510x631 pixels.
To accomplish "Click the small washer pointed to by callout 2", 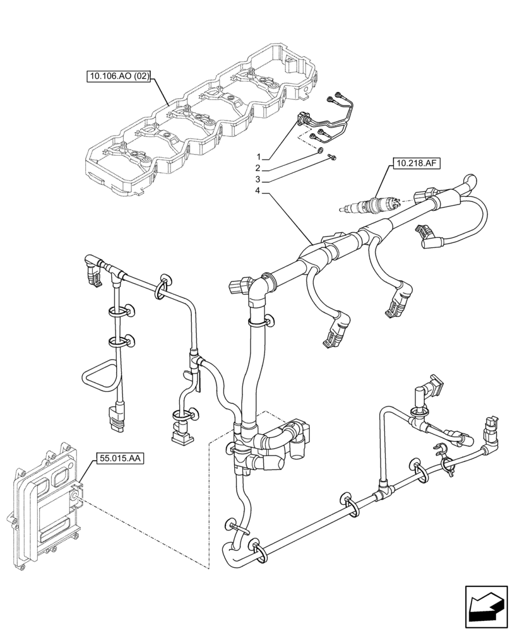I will [x=321, y=151].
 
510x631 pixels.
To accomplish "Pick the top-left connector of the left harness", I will [x=93, y=270].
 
